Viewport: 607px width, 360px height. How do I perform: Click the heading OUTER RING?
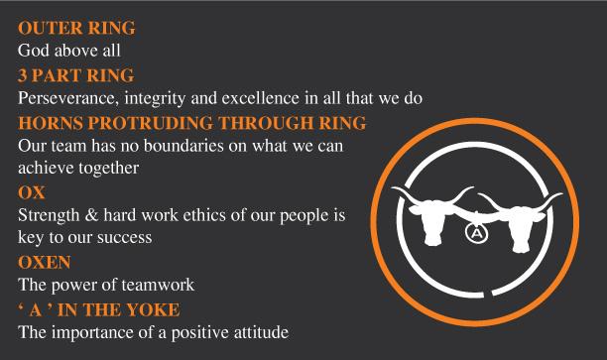coord(76,28)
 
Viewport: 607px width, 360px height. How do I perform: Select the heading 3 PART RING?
coord(75,75)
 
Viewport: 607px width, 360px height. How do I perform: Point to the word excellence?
coord(261,98)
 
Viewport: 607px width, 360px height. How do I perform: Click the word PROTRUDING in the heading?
coord(150,123)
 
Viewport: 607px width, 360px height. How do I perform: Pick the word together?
coord(109,169)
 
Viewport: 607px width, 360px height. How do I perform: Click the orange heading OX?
coord(32,192)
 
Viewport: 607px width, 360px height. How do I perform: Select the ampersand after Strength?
coord(91,215)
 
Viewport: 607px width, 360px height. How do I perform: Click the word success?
coord(124,238)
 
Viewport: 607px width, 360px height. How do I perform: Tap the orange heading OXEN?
coord(44,262)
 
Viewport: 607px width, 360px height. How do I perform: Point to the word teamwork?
coord(158,285)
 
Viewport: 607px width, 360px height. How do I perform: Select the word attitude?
coord(261,332)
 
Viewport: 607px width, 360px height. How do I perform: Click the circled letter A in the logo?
coord(476,233)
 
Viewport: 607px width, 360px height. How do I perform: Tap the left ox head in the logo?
coord(432,217)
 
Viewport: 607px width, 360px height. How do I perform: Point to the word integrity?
coord(155,99)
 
